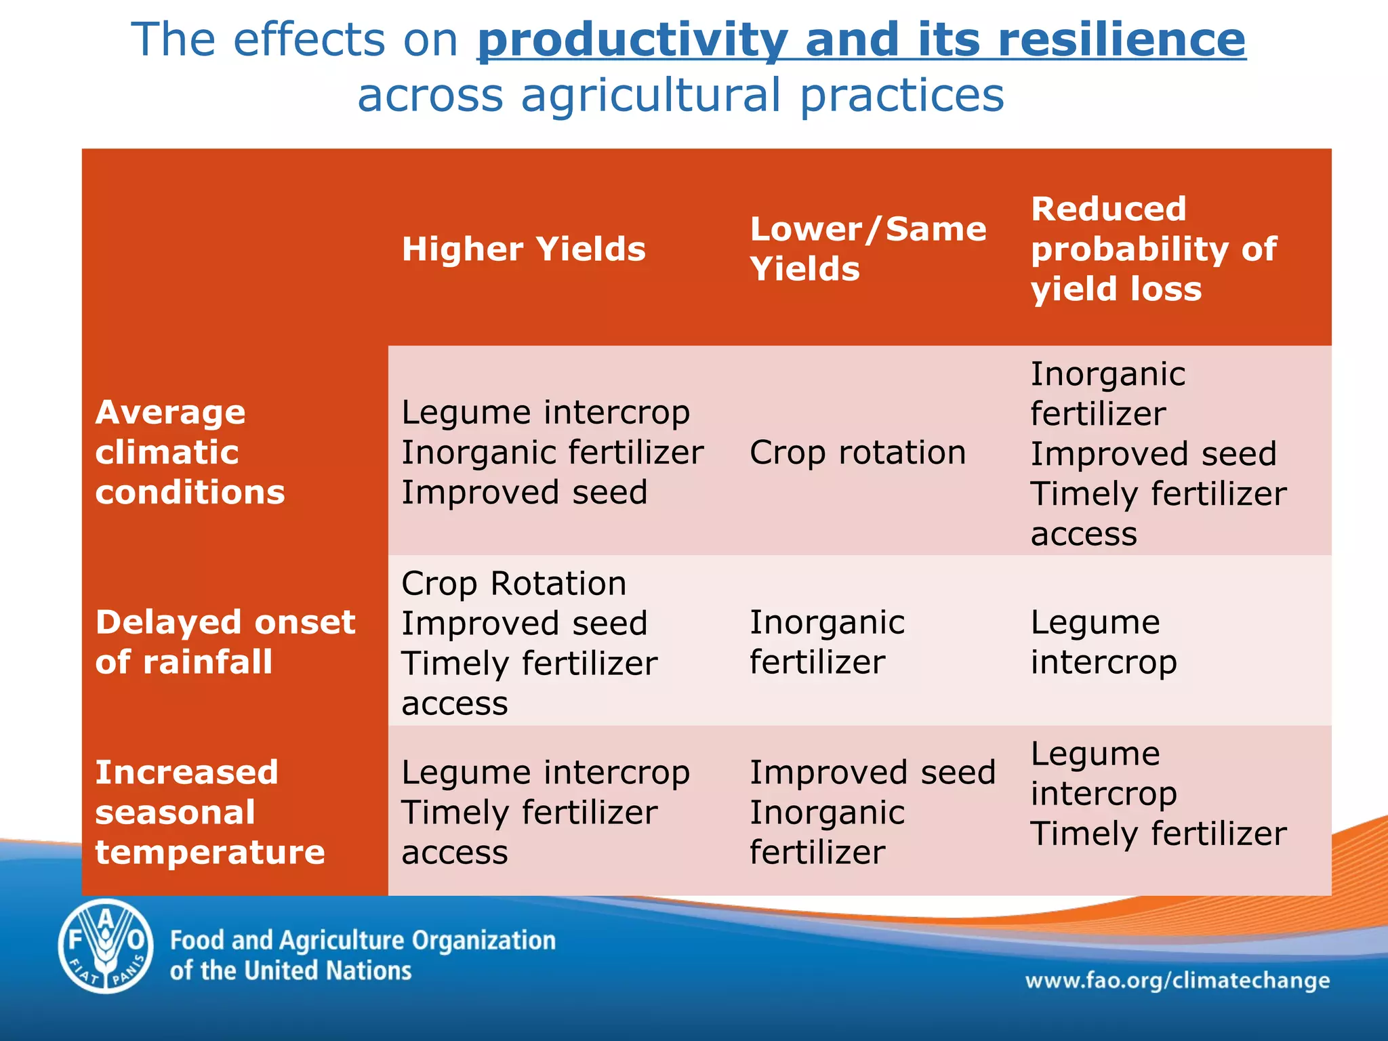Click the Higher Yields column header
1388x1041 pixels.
[523, 249]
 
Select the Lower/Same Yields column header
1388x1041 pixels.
[867, 249]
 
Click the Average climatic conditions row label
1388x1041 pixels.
[190, 452]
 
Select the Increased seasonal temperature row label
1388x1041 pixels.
[209, 811]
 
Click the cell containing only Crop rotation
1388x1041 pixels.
[857, 452]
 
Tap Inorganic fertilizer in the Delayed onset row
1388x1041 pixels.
[827, 641]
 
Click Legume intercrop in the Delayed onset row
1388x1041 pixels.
[1103, 641]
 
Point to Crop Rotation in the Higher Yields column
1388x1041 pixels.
[514, 583]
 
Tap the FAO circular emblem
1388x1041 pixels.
[106, 946]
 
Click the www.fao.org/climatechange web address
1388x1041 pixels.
[1177, 980]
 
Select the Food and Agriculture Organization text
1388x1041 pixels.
[363, 941]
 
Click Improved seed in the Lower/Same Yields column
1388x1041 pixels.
[872, 772]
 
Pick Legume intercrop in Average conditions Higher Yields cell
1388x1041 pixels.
[546, 412]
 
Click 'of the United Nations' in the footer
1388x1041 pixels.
[291, 971]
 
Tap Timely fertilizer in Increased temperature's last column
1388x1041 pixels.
[1158, 833]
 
